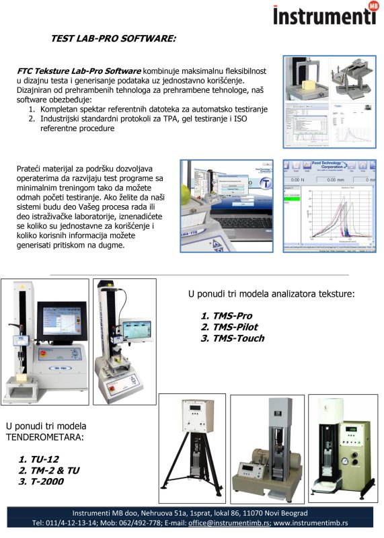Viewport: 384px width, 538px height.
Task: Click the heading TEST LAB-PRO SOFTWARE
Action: point(113,39)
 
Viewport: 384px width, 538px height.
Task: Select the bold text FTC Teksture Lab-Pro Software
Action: point(79,71)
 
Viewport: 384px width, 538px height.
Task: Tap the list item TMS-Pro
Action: point(229,315)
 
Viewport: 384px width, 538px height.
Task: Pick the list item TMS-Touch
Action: point(235,338)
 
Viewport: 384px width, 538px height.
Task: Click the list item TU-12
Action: point(40,459)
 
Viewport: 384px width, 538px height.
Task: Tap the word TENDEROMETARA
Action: point(46,437)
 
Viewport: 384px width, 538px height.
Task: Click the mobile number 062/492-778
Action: point(135,522)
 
